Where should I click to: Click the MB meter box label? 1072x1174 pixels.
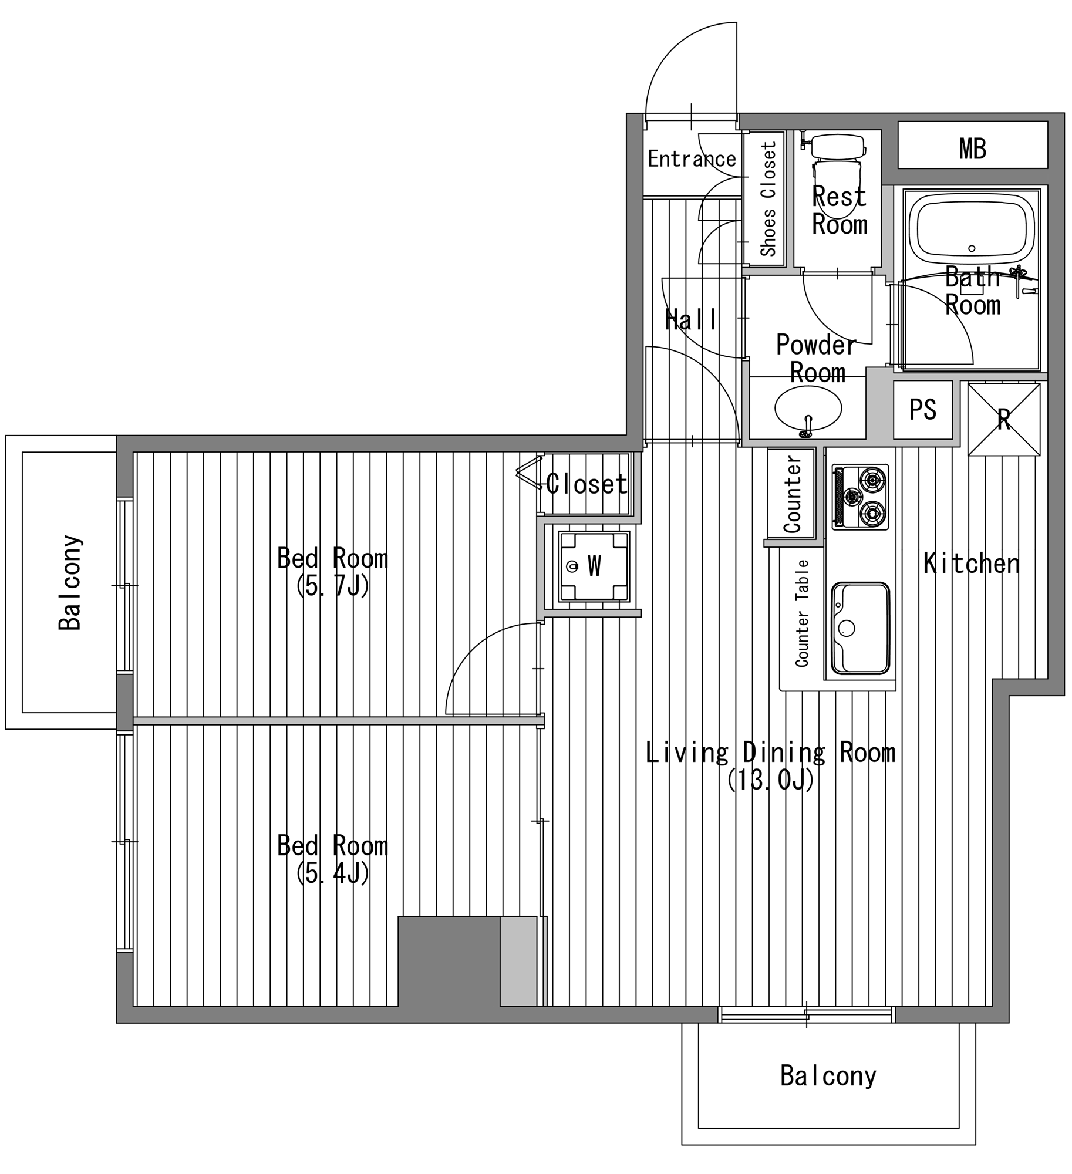(x=972, y=149)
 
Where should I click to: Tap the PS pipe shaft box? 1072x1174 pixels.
(x=922, y=409)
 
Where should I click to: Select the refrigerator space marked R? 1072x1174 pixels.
(x=1003, y=419)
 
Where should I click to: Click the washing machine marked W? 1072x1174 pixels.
(x=594, y=566)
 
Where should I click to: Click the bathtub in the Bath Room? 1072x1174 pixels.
(x=972, y=229)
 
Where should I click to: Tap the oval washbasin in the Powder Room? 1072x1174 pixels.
(x=808, y=409)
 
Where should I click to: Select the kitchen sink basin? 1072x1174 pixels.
(x=860, y=628)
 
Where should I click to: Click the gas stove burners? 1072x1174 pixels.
(x=860, y=497)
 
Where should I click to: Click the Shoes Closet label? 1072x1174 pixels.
(x=768, y=198)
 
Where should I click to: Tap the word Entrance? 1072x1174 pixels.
(x=692, y=159)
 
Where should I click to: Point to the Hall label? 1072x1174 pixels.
(x=690, y=320)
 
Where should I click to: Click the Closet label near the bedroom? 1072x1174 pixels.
(x=586, y=484)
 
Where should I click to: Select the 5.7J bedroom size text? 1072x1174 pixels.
(x=332, y=586)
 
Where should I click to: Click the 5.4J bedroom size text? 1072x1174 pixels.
(x=332, y=873)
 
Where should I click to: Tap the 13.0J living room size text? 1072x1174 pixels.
(x=770, y=780)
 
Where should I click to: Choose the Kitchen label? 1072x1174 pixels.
(x=971, y=564)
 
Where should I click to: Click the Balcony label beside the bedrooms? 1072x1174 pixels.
(x=70, y=582)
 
